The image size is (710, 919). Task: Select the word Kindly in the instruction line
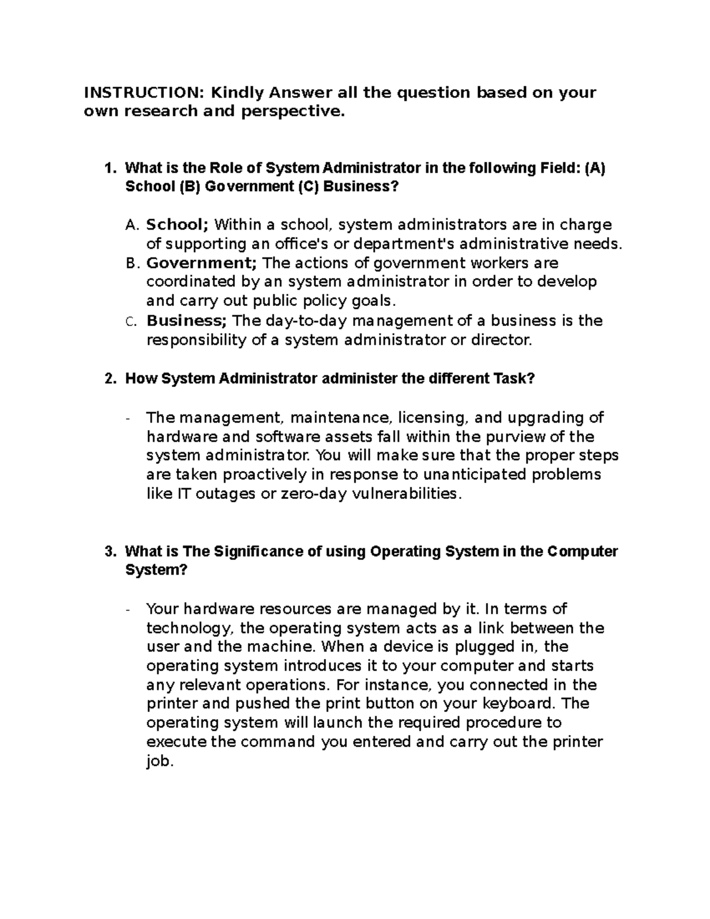pos(239,92)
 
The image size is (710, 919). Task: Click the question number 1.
pos(109,168)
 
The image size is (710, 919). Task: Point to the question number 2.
pos(109,379)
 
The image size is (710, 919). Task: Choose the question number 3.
pos(109,552)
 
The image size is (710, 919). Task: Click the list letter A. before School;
pos(132,225)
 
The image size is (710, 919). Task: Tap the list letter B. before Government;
pos(132,263)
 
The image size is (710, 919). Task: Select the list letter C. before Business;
pos(131,321)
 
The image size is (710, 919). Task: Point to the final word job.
pos(160,761)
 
